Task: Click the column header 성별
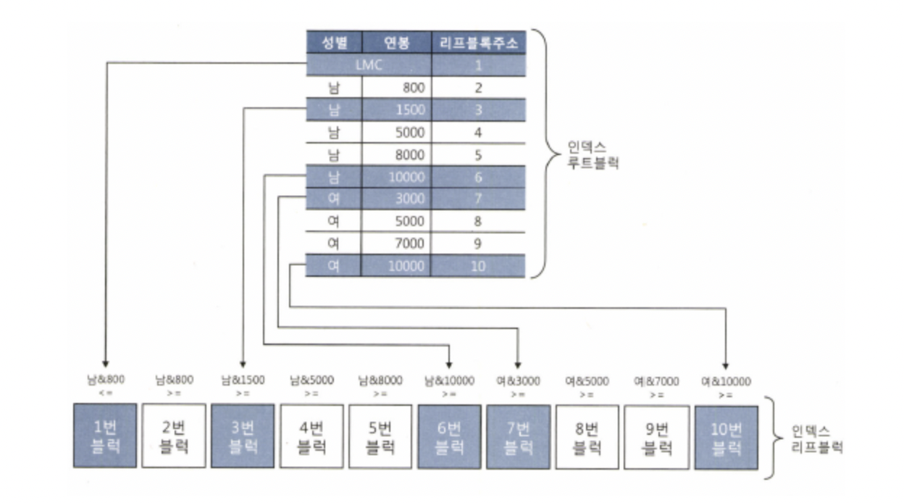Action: pos(333,43)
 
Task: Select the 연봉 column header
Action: pos(397,43)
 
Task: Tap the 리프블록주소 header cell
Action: pos(478,43)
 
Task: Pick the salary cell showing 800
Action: pos(397,88)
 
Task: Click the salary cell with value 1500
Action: pos(397,110)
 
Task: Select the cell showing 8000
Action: pos(397,154)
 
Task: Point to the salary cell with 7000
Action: pos(397,244)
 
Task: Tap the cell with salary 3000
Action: pos(397,199)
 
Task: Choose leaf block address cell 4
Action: pos(478,133)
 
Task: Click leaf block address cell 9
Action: pos(478,244)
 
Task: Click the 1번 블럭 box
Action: pos(104,436)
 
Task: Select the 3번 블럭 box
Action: pos(243,436)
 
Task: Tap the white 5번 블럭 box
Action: pos(380,436)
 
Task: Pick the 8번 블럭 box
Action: pos(587,436)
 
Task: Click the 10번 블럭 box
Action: pos(726,436)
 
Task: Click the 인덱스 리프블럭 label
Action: pos(813,437)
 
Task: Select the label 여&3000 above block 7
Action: pos(519,381)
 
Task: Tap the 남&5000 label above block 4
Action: pos(311,381)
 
